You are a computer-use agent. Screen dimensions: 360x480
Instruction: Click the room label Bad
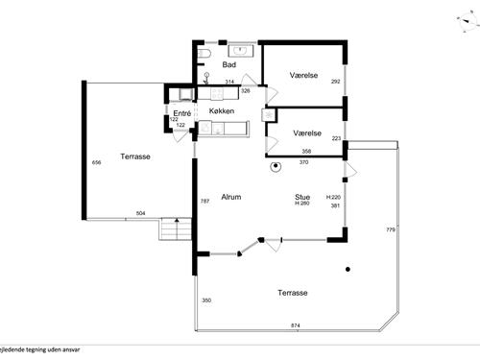228,64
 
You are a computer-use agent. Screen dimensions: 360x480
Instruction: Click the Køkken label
223,112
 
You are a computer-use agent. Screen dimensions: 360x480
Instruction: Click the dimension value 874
296,325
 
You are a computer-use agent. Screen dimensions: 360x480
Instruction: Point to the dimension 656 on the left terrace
96,163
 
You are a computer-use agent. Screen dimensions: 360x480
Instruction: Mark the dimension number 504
140,213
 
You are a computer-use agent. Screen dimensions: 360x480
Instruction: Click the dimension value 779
390,230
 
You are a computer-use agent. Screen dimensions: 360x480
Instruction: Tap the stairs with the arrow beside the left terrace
173,232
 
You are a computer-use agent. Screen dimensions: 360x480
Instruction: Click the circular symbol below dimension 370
275,167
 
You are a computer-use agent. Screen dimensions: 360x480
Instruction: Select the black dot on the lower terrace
348,268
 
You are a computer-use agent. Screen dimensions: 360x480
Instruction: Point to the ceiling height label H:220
334,197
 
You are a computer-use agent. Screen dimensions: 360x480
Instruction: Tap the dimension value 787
204,202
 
